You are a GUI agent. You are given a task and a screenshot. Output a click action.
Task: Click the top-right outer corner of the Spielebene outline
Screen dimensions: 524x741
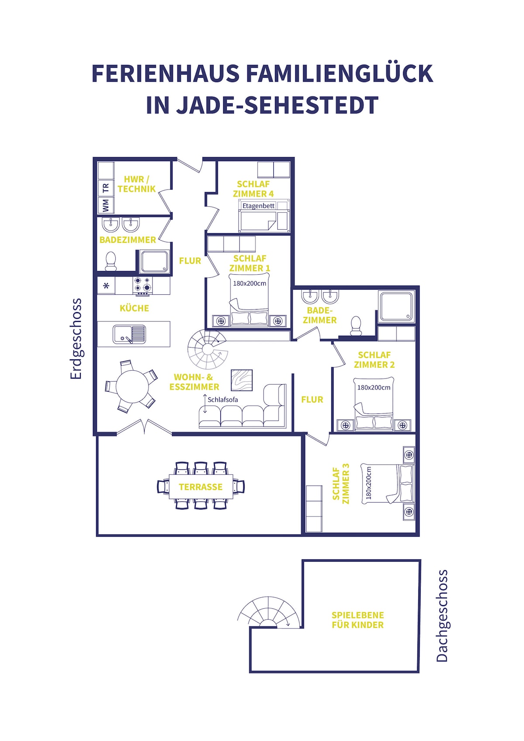pos(421,560)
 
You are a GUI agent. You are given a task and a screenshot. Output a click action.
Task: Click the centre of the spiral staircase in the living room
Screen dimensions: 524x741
pos(207,349)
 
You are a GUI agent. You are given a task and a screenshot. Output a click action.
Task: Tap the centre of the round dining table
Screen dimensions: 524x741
pos(132,386)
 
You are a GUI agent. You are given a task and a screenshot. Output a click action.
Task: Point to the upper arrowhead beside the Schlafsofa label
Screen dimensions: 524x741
pos(205,396)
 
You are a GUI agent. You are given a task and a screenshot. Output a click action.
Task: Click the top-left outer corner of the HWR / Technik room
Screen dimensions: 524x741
pos(93,158)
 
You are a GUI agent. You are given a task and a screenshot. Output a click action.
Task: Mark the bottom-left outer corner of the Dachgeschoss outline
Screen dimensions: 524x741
pos(250,672)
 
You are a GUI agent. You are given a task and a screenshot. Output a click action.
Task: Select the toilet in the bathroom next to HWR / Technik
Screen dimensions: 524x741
pos(110,261)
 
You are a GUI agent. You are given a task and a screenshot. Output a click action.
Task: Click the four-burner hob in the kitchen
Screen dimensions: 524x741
pos(143,286)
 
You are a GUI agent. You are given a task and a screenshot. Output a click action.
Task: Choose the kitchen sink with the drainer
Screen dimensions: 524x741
pos(129,334)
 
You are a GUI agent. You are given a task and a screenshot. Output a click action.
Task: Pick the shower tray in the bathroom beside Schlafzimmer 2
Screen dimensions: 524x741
pos(396,307)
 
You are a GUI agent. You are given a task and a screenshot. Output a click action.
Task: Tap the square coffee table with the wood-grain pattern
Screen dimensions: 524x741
pos(241,380)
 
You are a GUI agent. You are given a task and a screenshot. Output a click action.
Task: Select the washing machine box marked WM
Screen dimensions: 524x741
pos(106,205)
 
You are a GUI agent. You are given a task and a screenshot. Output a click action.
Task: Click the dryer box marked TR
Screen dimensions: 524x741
pos(106,189)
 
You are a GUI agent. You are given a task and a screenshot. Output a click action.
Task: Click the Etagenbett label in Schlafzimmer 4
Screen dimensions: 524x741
pos(259,206)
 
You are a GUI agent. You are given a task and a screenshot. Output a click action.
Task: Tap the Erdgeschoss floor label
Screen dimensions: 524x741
pos(76,339)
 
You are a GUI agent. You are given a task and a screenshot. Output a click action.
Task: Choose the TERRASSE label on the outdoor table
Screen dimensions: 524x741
pos(200,486)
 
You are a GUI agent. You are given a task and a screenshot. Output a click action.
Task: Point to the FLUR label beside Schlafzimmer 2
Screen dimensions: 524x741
pos(312,399)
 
